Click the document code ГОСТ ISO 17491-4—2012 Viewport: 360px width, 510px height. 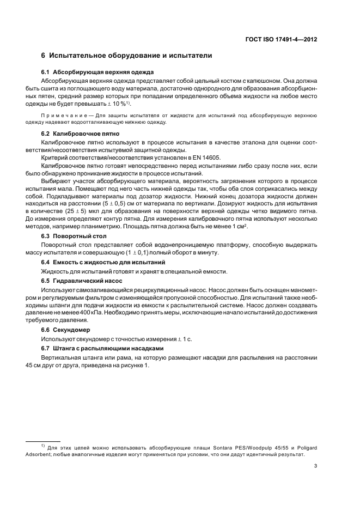click(x=283, y=39)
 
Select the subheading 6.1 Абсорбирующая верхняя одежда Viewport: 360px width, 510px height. click(x=97, y=72)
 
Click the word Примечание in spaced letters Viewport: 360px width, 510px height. click(x=66, y=116)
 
